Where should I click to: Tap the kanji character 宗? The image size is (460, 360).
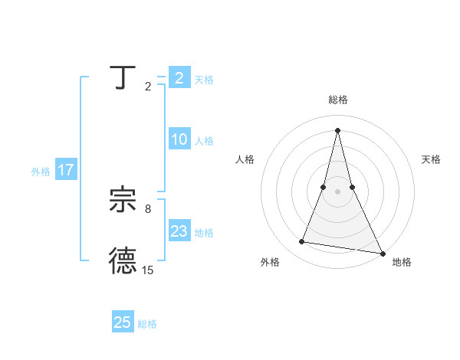[123, 201]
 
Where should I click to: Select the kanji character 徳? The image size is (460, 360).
[123, 260]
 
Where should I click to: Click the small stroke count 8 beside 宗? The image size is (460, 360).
[148, 208]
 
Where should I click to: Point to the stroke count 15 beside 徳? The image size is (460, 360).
[148, 270]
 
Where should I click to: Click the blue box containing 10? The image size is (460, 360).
[179, 140]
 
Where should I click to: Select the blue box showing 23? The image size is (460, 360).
[179, 232]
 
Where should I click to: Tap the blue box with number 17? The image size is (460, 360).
[66, 170]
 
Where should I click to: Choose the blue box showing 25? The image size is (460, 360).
[123, 322]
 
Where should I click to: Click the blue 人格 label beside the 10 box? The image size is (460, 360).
[204, 141]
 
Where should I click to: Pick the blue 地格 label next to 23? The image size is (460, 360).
[204, 233]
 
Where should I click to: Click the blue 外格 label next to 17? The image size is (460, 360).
[41, 172]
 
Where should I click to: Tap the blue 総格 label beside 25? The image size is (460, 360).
[147, 324]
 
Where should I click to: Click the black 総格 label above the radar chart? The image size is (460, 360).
[337, 100]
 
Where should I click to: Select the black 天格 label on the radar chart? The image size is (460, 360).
[432, 159]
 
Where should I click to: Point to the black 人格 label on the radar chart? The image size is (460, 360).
[245, 159]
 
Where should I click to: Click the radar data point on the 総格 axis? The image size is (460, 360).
[337, 130]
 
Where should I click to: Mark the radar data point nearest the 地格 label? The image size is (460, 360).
[383, 252]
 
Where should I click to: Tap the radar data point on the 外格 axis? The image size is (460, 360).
[302, 242]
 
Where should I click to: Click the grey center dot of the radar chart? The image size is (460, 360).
[337, 191]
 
